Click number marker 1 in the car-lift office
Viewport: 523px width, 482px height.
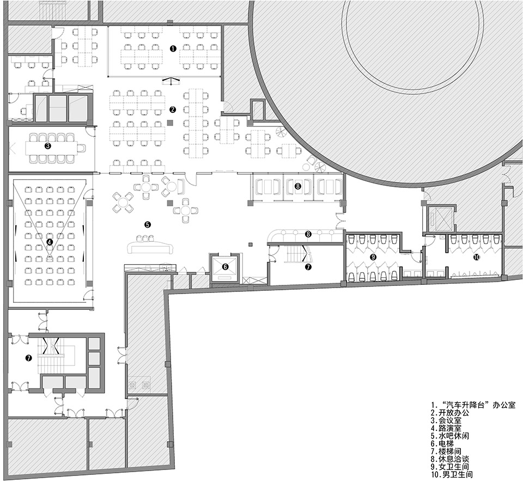(x=173, y=48)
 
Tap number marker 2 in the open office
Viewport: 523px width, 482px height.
(x=172, y=109)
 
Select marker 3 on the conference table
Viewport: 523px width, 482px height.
(x=48, y=146)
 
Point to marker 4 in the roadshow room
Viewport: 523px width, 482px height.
(x=50, y=242)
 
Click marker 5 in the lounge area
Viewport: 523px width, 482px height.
(x=147, y=224)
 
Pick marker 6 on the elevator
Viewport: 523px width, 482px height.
(x=225, y=266)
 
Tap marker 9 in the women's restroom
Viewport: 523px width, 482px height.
(x=373, y=257)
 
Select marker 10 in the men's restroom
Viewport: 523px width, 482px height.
(x=477, y=257)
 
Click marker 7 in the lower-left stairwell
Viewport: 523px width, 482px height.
(x=29, y=358)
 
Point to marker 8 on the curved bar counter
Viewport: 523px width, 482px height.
(x=308, y=234)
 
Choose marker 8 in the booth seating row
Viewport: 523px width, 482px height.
(x=297, y=186)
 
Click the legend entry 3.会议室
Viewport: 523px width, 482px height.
(x=446, y=421)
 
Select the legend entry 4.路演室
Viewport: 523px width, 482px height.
(x=446, y=429)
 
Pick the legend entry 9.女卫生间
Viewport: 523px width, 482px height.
(x=449, y=467)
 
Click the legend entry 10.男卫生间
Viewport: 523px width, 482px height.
(x=452, y=475)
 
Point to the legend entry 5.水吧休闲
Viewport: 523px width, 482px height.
(x=449, y=436)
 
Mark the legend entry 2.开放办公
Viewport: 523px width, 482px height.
(x=449, y=413)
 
